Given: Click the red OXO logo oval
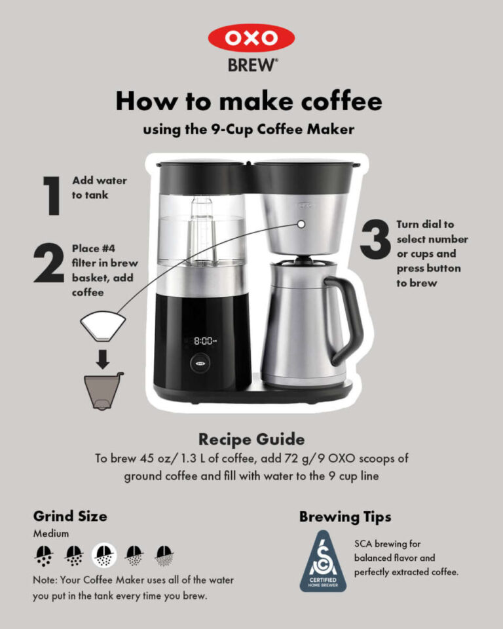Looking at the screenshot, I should pos(251,38).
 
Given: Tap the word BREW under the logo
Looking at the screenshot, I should pos(251,66).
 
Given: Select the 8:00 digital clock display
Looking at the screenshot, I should pos(204,341).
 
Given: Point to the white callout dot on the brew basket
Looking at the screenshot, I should pos(301,224).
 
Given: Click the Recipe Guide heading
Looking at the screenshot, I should pos(251,438).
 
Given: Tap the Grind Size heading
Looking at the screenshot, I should pos(70,516).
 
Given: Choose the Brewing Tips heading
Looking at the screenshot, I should pos(345,516).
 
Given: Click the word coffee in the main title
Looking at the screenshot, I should pos(335,102).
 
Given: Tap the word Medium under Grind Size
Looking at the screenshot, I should pos(51,533).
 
